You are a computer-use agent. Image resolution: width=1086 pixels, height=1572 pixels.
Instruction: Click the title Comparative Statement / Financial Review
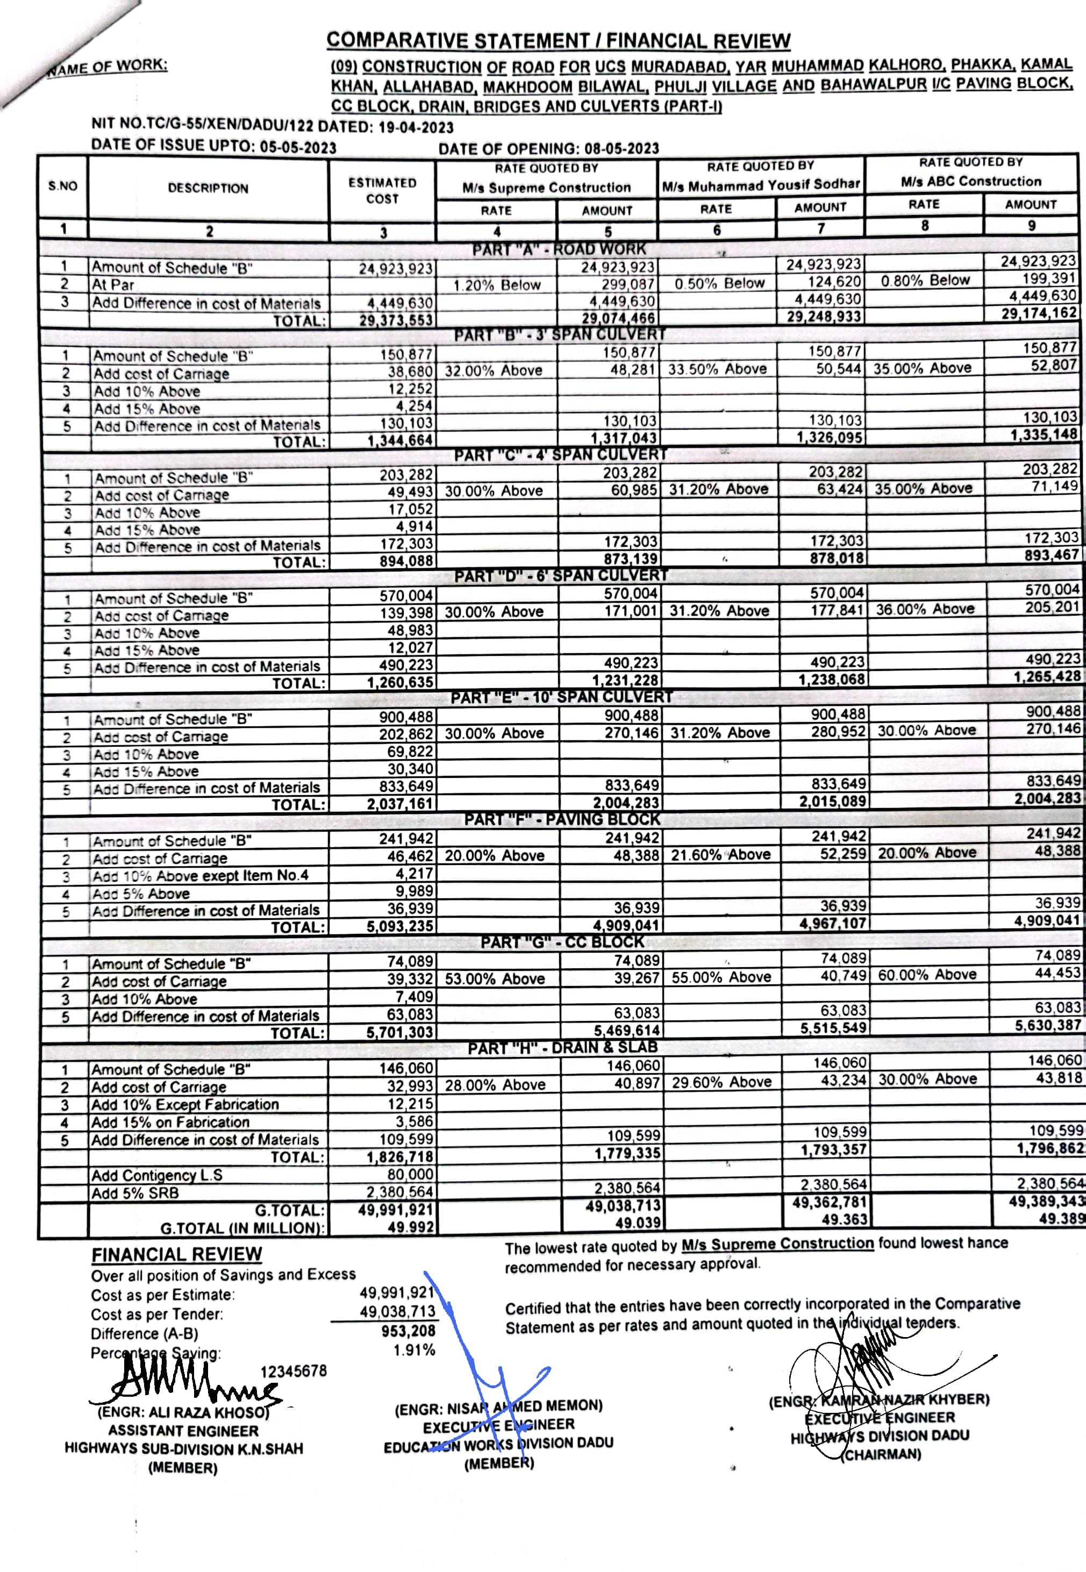pyautogui.click(x=558, y=41)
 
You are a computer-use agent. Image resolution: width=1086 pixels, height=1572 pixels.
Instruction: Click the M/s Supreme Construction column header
pyautogui.click(x=546, y=188)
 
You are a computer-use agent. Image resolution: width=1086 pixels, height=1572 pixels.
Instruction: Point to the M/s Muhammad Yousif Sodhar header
pyautogui.click(x=761, y=184)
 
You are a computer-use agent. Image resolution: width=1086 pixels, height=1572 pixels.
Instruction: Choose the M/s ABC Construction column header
pyautogui.click(x=971, y=182)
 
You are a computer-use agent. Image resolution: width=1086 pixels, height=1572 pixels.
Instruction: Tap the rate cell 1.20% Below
pyautogui.click(x=497, y=285)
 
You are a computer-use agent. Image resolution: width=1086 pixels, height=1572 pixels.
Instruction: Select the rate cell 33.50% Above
pyautogui.click(x=717, y=369)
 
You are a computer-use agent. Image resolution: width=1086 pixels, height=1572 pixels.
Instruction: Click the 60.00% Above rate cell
pyautogui.click(x=927, y=975)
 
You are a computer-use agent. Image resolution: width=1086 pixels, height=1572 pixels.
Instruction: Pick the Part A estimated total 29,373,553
pyautogui.click(x=396, y=320)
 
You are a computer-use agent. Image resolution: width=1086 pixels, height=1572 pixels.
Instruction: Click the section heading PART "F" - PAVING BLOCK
pyautogui.click(x=562, y=819)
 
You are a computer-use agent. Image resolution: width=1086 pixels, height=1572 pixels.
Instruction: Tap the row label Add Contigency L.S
pyautogui.click(x=157, y=1175)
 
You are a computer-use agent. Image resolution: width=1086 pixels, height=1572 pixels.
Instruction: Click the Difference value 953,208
pyautogui.click(x=408, y=1331)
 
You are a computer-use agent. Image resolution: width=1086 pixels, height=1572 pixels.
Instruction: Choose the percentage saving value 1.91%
pyautogui.click(x=415, y=1349)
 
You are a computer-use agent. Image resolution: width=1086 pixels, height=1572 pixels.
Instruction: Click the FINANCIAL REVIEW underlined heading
pyautogui.click(x=177, y=1254)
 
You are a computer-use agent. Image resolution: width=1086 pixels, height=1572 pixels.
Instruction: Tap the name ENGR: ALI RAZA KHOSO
pyautogui.click(x=183, y=1412)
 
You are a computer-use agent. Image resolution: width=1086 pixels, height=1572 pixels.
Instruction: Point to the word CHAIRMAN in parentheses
pyautogui.click(x=883, y=1454)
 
